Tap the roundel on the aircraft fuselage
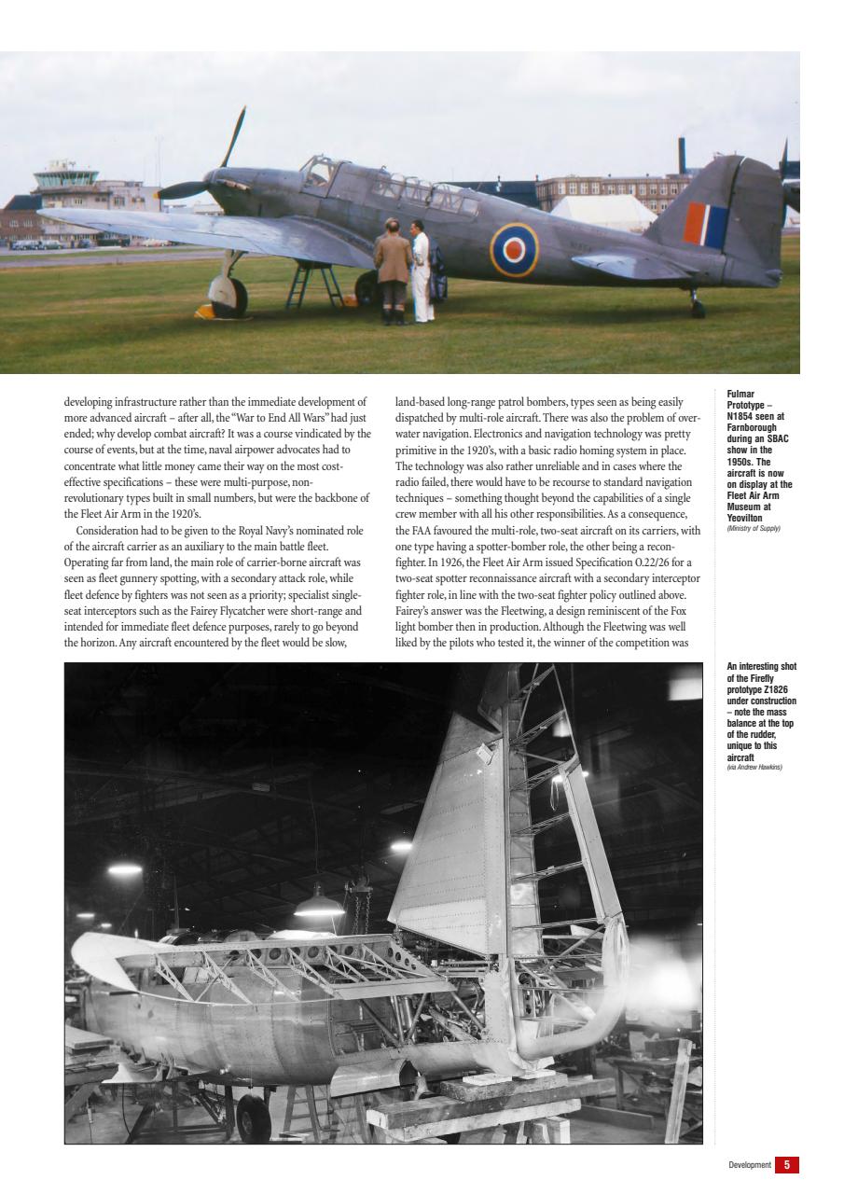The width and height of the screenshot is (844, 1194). pyautogui.click(x=514, y=250)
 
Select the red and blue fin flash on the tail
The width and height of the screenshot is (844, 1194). pyautogui.click(x=705, y=225)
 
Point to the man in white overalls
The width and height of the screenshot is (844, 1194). pyautogui.click(x=422, y=272)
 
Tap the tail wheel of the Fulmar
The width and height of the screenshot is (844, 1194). pyautogui.click(x=697, y=307)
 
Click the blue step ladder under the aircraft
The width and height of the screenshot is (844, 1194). pyautogui.click(x=312, y=285)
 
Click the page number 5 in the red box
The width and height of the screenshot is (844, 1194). pyautogui.click(x=787, y=1164)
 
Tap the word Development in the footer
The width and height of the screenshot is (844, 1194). pyautogui.click(x=750, y=1165)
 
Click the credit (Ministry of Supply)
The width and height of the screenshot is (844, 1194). pyautogui.click(x=753, y=529)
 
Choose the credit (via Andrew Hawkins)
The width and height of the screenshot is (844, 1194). pyautogui.click(x=754, y=768)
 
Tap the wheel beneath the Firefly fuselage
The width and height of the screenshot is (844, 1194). pyautogui.click(x=253, y=1116)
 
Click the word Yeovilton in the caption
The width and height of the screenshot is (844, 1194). pyautogui.click(x=744, y=518)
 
